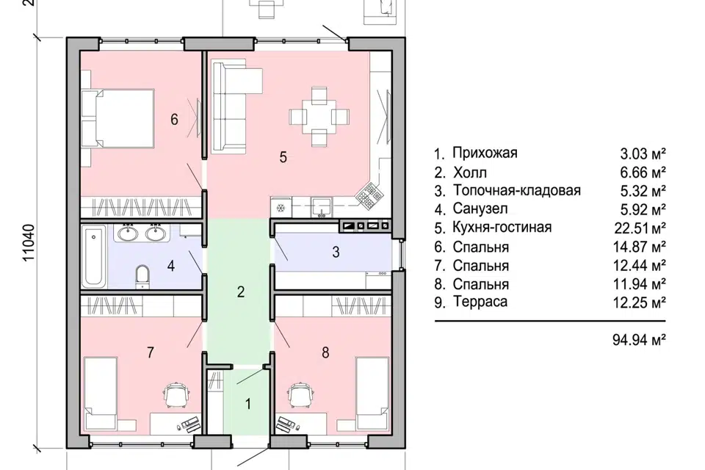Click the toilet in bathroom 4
point(142,276)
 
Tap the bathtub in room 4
point(94,256)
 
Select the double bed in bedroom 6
point(118,117)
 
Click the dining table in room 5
point(319,117)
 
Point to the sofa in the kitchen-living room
point(229,106)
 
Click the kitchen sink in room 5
point(322,207)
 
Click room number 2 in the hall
point(241,292)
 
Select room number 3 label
point(336,252)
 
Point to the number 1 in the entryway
point(248,404)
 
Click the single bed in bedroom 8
point(372,393)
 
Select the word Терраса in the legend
point(480,301)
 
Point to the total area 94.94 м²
point(639,339)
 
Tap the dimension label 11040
point(29,243)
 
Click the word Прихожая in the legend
point(485,153)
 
